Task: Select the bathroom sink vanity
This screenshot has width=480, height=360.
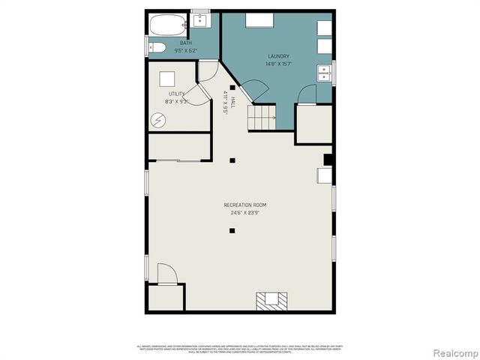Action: [x=200, y=21]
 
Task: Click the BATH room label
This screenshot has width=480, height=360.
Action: [x=184, y=43]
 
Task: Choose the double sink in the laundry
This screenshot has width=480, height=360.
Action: [x=325, y=73]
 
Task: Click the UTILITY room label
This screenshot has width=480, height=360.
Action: [x=177, y=94]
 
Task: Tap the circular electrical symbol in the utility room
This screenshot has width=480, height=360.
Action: [x=159, y=119]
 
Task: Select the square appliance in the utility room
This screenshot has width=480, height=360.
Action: [x=166, y=77]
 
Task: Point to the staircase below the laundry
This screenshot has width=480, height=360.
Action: [x=264, y=115]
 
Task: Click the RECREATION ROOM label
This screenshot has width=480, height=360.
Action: [x=244, y=205]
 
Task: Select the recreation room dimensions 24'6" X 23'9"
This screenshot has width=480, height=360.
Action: [x=244, y=212]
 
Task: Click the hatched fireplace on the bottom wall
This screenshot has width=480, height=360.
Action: [x=270, y=301]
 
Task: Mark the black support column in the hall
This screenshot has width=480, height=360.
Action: [x=232, y=88]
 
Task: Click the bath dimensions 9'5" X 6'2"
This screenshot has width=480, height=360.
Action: [x=184, y=50]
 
